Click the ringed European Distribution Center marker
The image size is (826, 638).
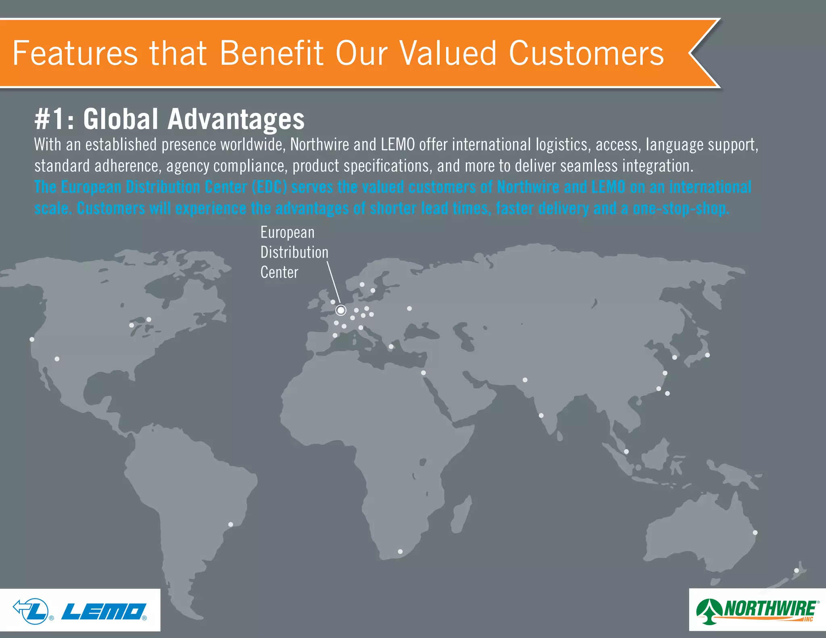(x=341, y=310)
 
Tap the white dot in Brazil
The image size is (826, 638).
(x=231, y=524)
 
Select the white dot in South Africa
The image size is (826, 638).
(x=400, y=551)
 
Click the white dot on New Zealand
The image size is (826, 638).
(x=797, y=570)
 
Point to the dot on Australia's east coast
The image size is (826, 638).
(x=755, y=532)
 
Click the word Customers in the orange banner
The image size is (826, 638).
(x=586, y=53)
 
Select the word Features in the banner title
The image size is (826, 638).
(x=75, y=53)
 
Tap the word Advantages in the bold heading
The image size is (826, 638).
(x=236, y=119)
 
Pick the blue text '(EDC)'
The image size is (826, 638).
(x=269, y=187)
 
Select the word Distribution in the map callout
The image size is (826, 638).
(x=294, y=252)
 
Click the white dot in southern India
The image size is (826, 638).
(x=541, y=415)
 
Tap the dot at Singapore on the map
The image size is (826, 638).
(x=626, y=452)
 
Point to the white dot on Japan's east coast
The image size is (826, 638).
(x=707, y=355)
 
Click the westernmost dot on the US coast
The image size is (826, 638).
(x=32, y=339)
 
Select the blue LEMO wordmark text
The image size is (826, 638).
(x=104, y=612)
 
